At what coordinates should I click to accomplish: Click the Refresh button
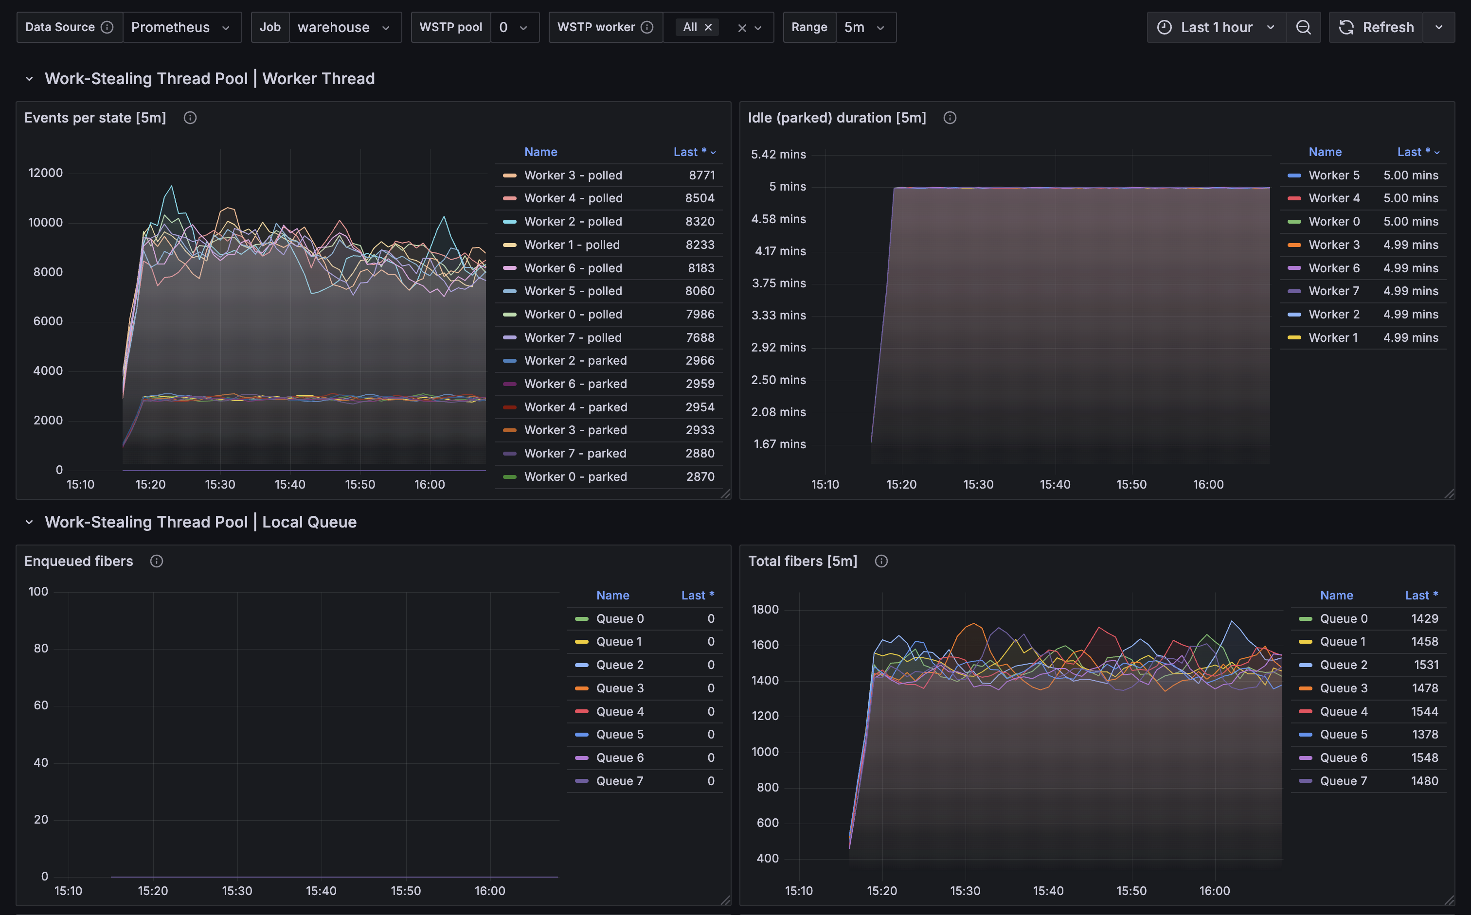[x=1377, y=27]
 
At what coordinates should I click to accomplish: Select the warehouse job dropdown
[x=345, y=27]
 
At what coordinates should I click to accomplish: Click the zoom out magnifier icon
[x=1303, y=27]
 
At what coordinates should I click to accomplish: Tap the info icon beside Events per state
[x=190, y=118]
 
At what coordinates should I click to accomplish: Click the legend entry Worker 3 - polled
[x=573, y=175]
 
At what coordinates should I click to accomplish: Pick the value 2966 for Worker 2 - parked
[x=700, y=361]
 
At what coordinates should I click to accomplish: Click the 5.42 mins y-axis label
[x=778, y=154]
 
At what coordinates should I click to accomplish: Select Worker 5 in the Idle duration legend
[x=1334, y=175]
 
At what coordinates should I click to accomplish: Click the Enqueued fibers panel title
[x=79, y=561]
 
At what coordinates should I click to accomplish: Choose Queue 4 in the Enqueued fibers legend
[x=620, y=712]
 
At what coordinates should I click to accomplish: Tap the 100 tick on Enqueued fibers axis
[x=38, y=591]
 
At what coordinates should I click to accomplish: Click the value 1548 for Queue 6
[x=1424, y=757]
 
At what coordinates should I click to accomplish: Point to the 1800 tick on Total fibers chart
[x=765, y=609]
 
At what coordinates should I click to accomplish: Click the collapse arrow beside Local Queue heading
[x=29, y=522]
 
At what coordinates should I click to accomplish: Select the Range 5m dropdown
[x=865, y=27]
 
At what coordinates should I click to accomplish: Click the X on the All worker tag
[x=708, y=27]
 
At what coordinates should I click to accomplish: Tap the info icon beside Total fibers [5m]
[x=881, y=561]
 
